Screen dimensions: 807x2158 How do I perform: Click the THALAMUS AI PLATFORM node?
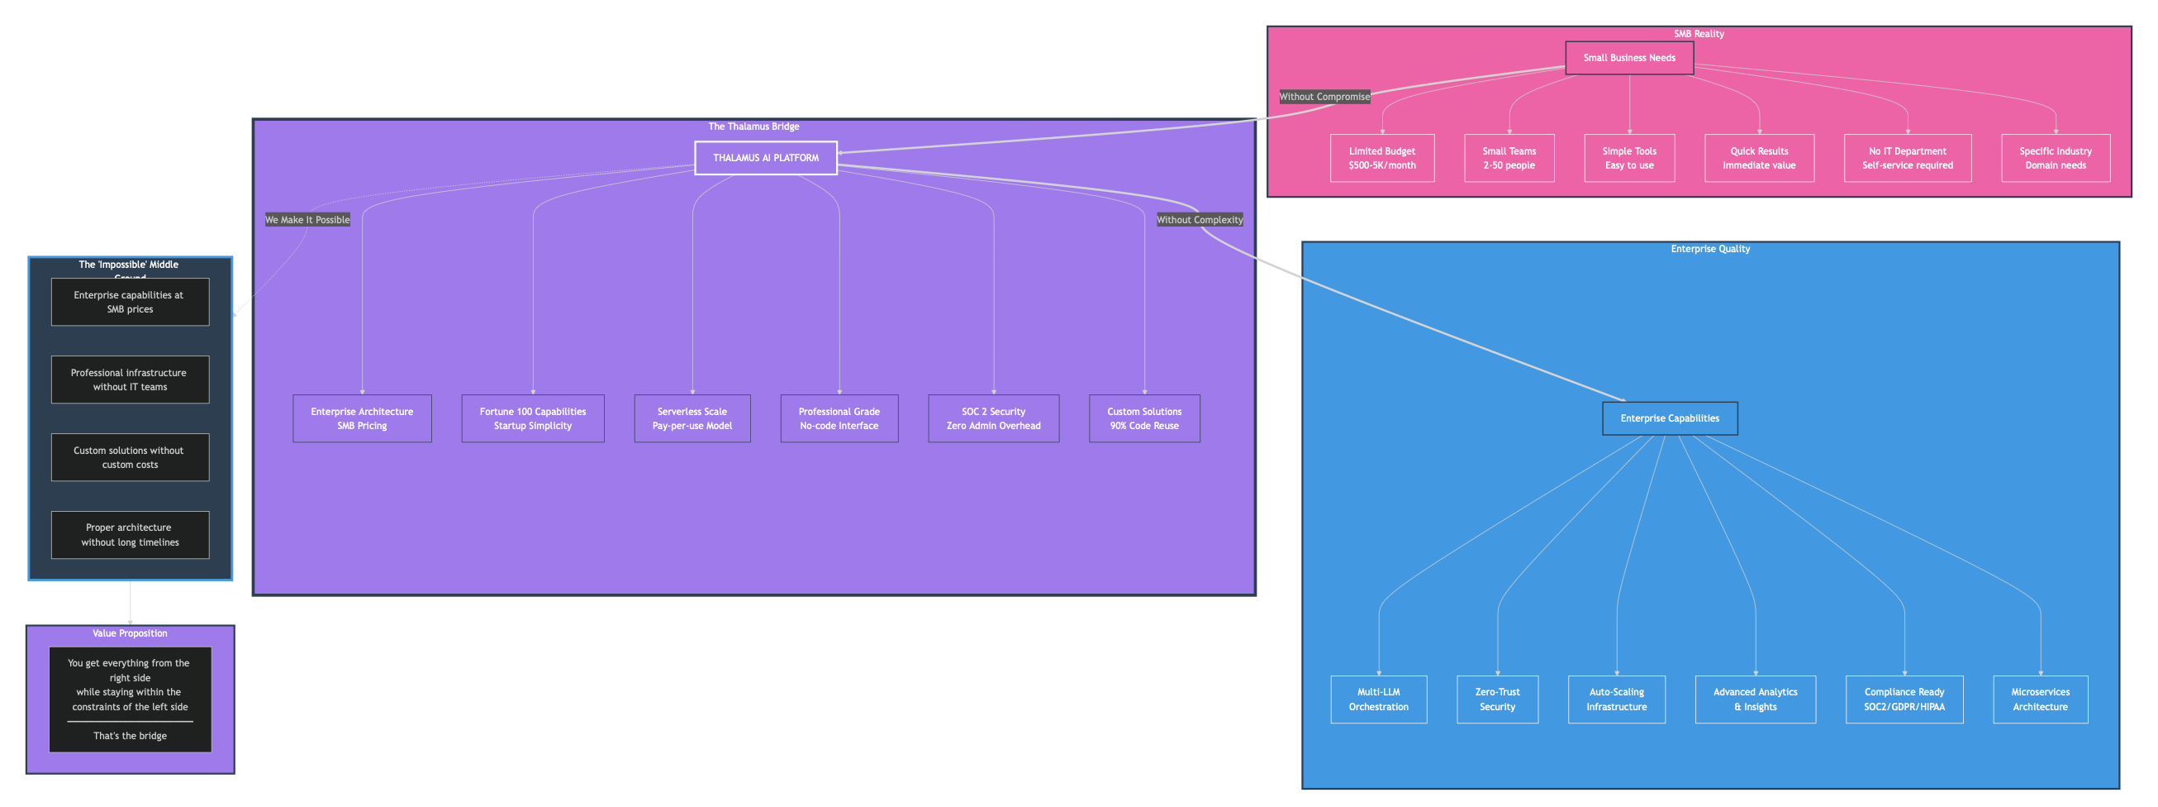765,158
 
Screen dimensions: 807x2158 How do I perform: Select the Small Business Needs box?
1628,58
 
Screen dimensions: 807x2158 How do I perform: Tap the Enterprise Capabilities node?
1669,418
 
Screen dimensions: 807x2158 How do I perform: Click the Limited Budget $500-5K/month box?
1381,158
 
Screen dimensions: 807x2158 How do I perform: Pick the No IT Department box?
1907,158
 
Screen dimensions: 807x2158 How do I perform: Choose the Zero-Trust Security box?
1497,699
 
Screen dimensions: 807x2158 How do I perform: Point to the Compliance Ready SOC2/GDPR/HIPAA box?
1904,699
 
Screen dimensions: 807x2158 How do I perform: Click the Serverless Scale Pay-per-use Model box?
692,418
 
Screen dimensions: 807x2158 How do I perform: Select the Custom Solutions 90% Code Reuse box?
1143,418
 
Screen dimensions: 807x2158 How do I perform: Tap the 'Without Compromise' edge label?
1324,97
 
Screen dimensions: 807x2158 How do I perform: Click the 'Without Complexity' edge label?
1199,220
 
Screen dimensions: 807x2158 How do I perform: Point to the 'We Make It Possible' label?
307,220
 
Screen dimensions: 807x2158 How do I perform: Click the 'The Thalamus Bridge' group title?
753,127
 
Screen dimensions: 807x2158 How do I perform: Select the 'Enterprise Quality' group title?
1709,249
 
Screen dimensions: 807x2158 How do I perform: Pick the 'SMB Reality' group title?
1698,34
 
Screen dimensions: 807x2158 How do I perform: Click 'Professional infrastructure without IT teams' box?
130,380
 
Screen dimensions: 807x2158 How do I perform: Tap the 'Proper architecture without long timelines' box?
130,535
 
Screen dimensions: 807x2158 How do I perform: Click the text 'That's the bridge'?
130,736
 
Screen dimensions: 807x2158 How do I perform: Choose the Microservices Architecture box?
2039,699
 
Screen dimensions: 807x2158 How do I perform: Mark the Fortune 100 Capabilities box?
532,418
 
